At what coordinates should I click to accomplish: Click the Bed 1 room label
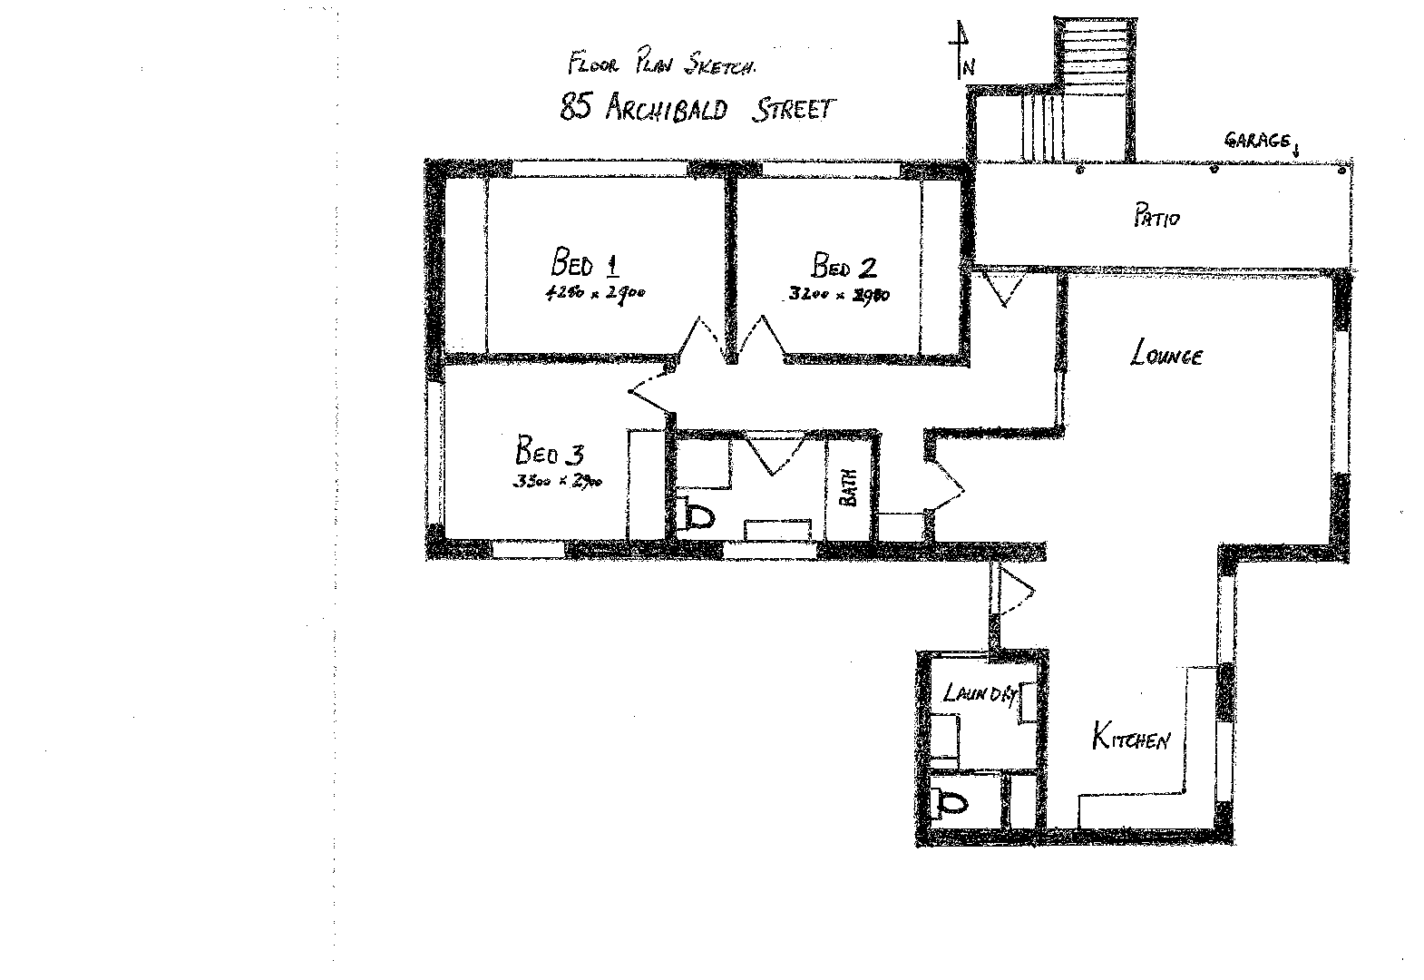tap(586, 264)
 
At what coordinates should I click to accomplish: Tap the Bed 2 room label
tap(844, 267)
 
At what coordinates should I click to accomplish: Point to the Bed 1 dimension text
tap(594, 293)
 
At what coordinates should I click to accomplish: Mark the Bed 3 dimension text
tap(557, 481)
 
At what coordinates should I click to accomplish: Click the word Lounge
tap(1166, 354)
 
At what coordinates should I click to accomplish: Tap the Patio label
tap(1156, 218)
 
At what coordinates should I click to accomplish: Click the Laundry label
tap(979, 694)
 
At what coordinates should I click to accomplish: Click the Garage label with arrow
tap(1261, 142)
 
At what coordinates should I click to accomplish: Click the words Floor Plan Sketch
tap(662, 65)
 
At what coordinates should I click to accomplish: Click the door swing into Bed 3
tap(651, 397)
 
